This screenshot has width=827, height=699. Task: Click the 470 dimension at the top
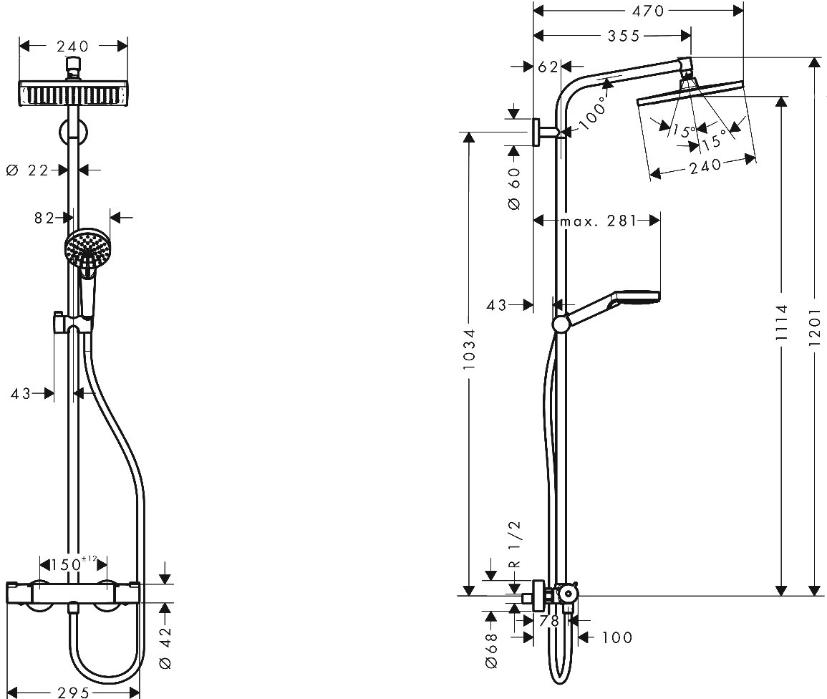pyautogui.click(x=648, y=11)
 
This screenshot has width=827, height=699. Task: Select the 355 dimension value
pyautogui.click(x=624, y=36)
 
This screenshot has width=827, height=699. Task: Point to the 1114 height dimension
pyautogui.click(x=782, y=322)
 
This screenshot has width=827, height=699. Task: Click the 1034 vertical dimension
pyautogui.click(x=469, y=348)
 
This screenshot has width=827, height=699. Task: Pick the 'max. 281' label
pyautogui.click(x=599, y=221)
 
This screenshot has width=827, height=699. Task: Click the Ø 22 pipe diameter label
pyautogui.click(x=27, y=170)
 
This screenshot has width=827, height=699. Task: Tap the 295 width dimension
pyautogui.click(x=73, y=692)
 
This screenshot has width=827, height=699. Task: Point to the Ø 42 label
pyautogui.click(x=165, y=647)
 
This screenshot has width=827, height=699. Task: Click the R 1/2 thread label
pyautogui.click(x=515, y=544)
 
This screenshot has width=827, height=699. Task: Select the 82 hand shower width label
pyautogui.click(x=44, y=217)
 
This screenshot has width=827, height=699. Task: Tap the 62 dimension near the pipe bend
pyautogui.click(x=548, y=67)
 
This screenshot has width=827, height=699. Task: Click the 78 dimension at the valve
pyautogui.click(x=549, y=621)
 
